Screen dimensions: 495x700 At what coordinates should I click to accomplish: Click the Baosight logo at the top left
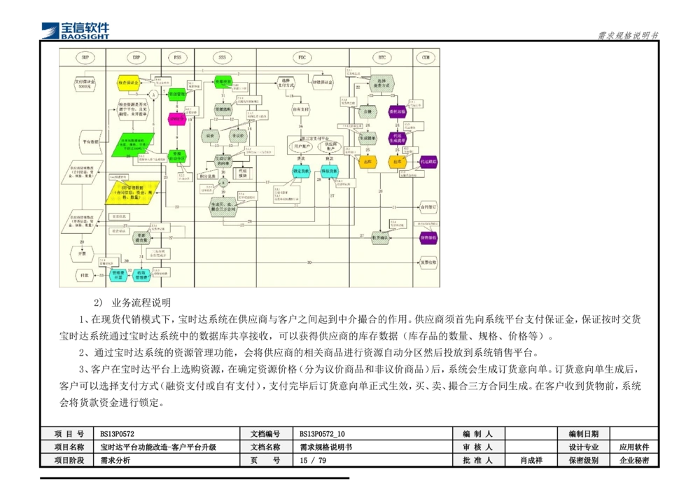pos(76,29)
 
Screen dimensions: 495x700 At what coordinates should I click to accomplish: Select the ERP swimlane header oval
pos(136,57)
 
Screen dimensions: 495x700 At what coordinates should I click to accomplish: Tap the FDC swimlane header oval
pos(302,57)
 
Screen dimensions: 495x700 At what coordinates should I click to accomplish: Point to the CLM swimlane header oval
pos(426,57)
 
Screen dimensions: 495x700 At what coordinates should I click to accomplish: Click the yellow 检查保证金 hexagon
pos(129,83)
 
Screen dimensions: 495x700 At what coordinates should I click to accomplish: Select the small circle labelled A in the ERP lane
pos(154,94)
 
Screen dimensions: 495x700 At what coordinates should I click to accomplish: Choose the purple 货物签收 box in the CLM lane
pos(428,238)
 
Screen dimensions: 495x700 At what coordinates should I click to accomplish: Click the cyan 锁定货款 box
pos(301,172)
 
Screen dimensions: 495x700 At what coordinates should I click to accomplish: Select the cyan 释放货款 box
pos(330,172)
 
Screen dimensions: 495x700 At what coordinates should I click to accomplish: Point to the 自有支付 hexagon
pos(301,110)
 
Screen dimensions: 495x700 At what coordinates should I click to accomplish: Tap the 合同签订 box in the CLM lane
pos(428,207)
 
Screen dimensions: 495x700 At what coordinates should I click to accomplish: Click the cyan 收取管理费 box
pos(142,275)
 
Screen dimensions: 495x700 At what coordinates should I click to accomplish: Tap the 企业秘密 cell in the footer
pos(634,461)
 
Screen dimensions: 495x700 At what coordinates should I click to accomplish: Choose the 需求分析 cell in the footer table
pos(115,461)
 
